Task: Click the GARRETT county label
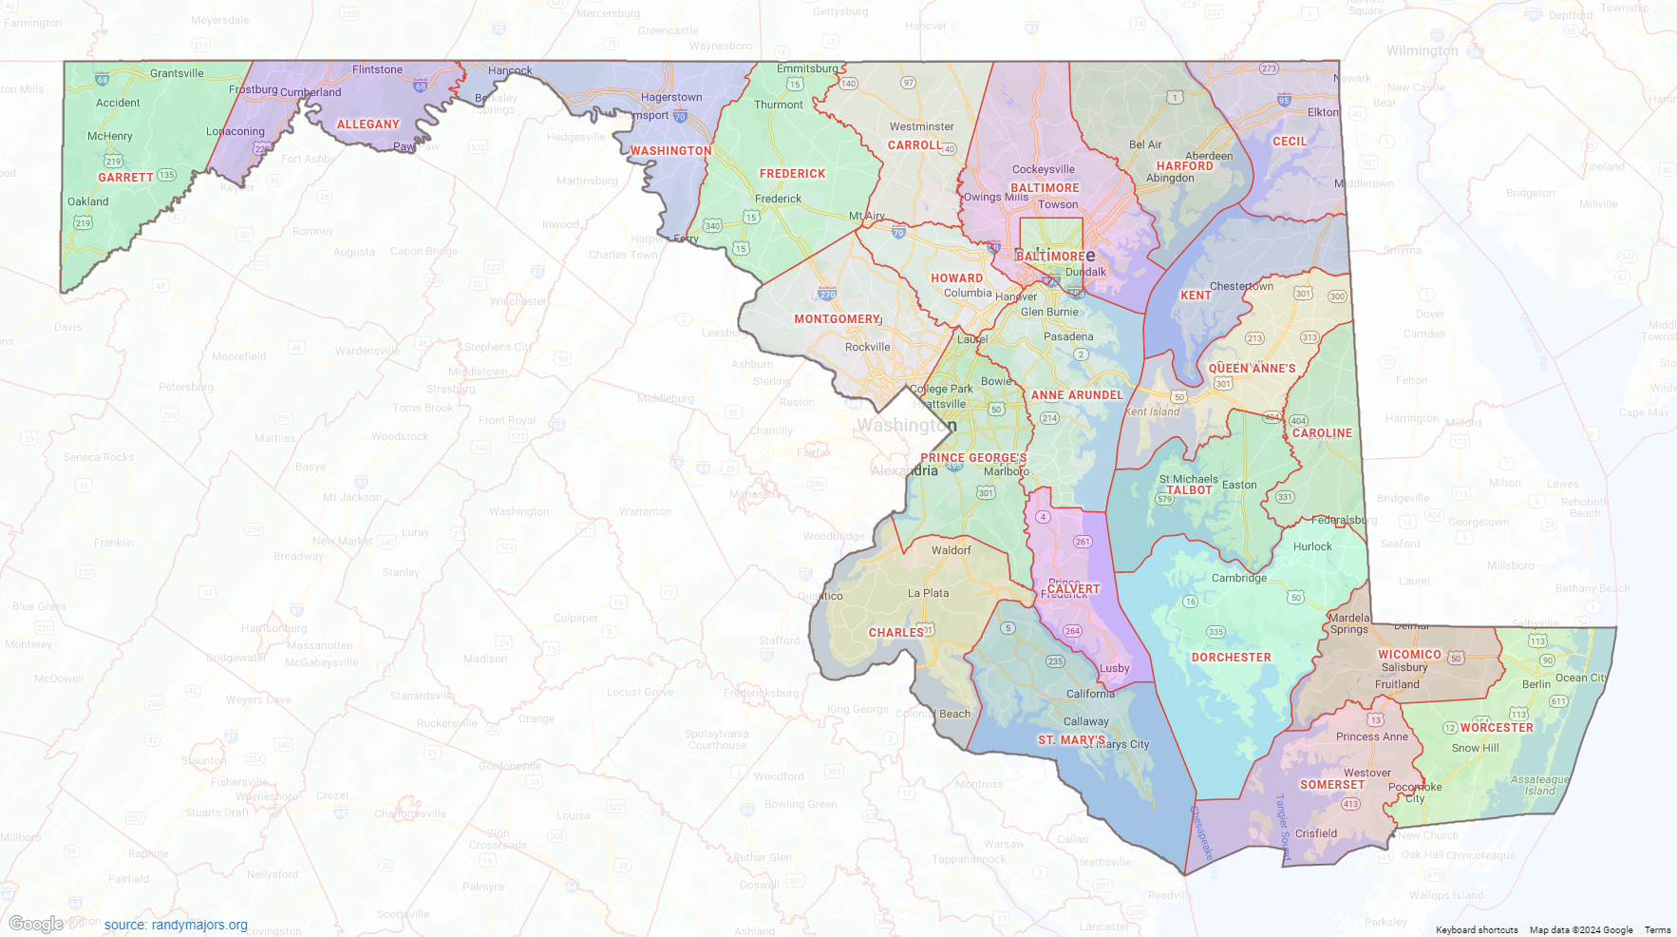point(125,178)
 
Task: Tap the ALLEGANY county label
point(367,124)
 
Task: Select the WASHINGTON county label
point(670,151)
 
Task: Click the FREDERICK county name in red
point(792,174)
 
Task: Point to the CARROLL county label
point(914,145)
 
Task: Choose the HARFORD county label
point(1184,166)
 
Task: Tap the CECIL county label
point(1289,142)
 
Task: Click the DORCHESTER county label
point(1231,658)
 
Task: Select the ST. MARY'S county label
point(1071,740)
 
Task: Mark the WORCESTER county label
point(1497,728)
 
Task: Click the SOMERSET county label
point(1331,785)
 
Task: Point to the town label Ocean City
point(1581,678)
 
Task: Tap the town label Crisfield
point(1315,833)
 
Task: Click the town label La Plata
point(928,593)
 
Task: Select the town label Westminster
point(921,126)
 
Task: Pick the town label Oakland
point(87,201)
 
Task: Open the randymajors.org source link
point(176,925)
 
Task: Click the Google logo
point(35,924)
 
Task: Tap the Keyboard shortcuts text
point(1476,930)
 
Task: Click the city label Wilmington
point(1422,50)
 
